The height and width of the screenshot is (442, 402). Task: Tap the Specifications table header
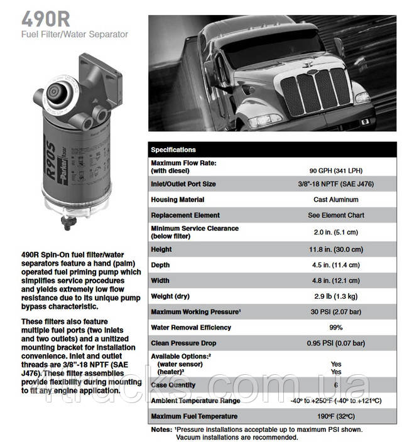(173, 149)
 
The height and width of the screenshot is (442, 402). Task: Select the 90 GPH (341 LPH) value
(335, 170)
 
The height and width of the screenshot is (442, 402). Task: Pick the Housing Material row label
(178, 200)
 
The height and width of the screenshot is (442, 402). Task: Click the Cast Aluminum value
(335, 200)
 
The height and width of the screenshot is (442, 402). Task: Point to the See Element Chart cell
(335, 215)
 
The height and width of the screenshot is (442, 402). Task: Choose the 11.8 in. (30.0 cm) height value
(335, 249)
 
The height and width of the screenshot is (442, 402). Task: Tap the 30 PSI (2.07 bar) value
(335, 312)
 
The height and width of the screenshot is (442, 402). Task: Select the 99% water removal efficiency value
(335, 328)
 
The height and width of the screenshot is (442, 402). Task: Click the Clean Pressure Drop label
(183, 343)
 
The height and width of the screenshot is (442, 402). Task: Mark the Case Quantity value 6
(335, 385)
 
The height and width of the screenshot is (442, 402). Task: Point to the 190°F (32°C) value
(335, 416)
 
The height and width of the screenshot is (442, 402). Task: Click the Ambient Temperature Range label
(195, 401)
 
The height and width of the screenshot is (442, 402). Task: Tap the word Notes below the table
(160, 430)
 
